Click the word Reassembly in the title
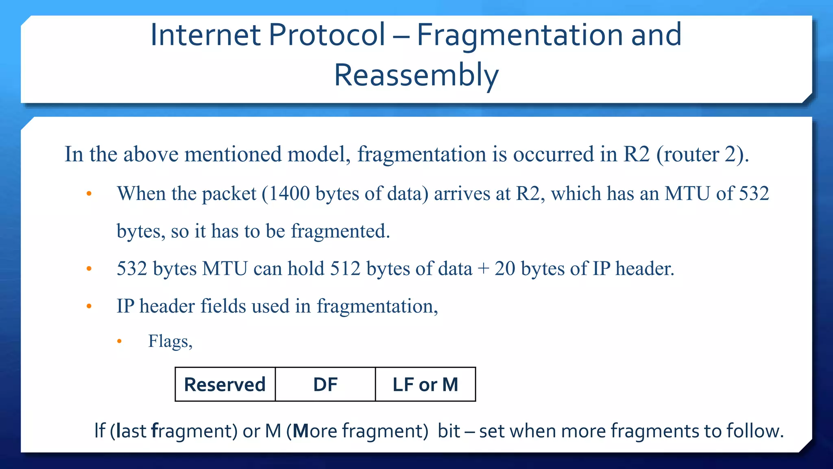(416, 76)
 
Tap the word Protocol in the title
(327, 35)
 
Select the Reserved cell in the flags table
(225, 385)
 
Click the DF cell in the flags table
(325, 385)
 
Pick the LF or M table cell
(425, 385)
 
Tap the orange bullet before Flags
(119, 342)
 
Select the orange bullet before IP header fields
(89, 307)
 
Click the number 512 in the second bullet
(345, 269)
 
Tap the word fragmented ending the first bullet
(340, 231)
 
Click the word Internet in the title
(205, 35)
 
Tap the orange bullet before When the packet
(89, 194)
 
